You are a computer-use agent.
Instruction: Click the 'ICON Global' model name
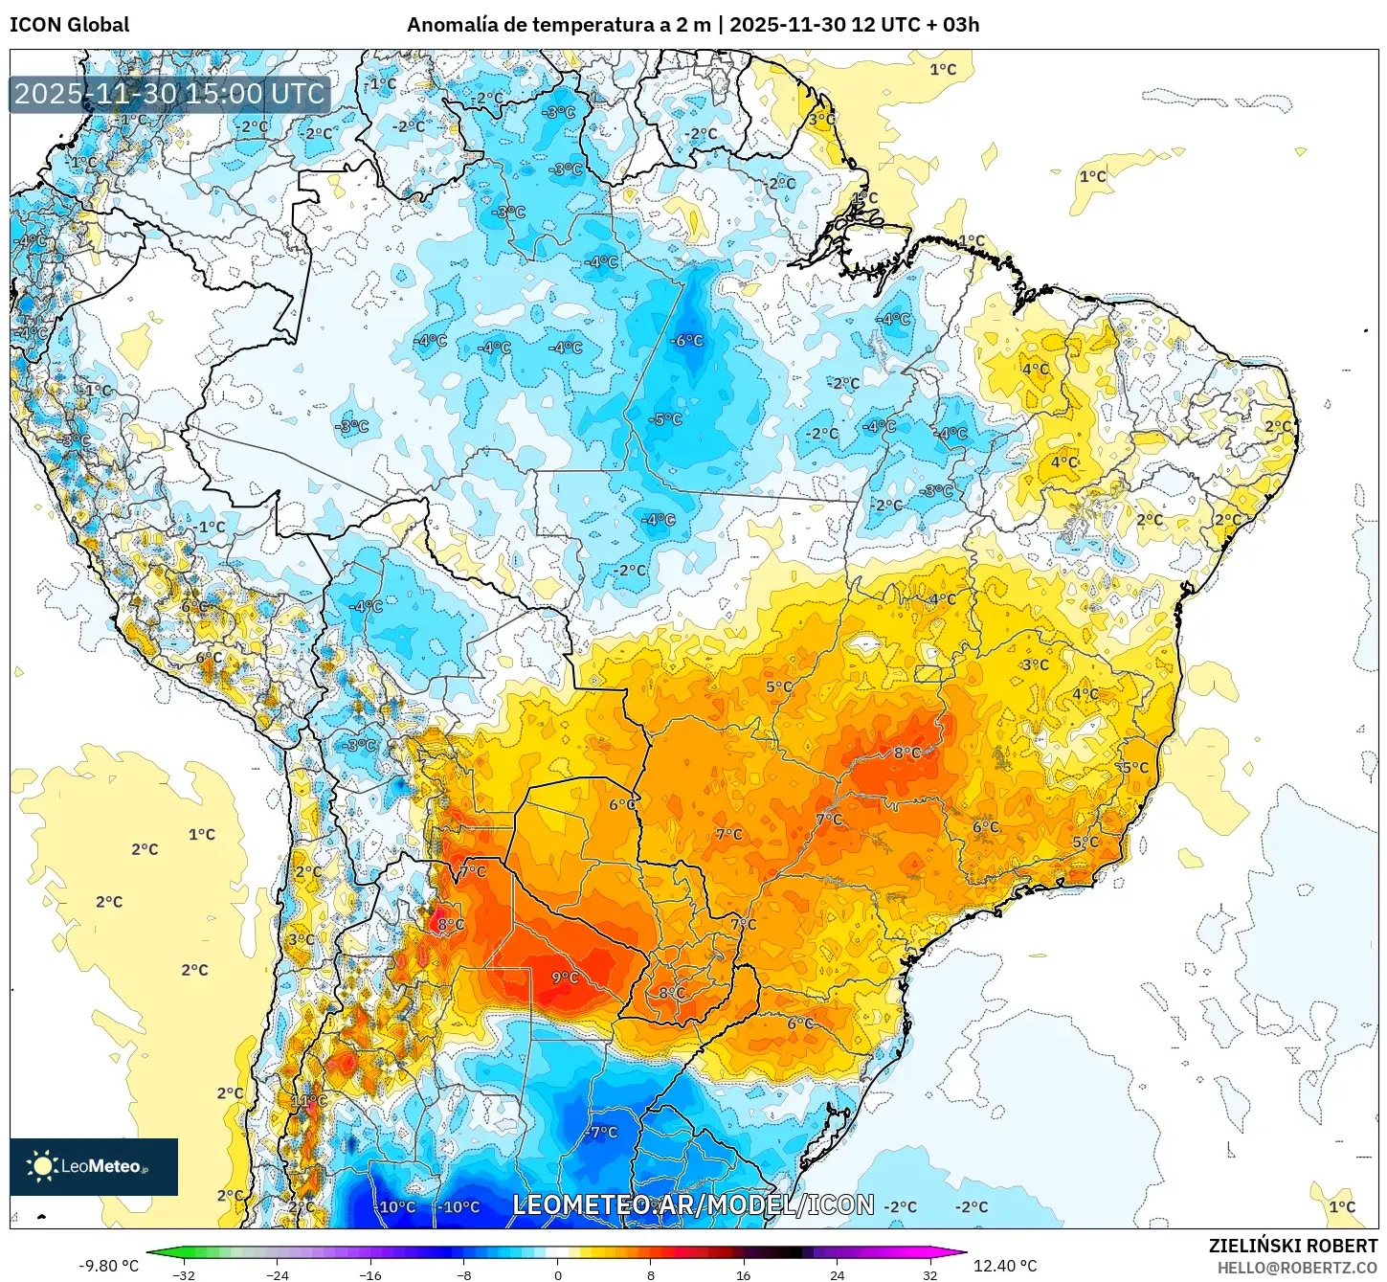tap(69, 25)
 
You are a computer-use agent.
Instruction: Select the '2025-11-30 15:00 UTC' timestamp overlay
tap(170, 94)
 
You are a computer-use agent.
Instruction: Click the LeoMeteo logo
tap(93, 1166)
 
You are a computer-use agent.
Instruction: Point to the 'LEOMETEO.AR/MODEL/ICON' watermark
tap(693, 1204)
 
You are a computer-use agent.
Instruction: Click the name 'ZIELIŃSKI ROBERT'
tap(1292, 1246)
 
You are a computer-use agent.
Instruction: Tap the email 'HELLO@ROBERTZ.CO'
tap(1297, 1268)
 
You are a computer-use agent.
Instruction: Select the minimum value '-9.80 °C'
tap(108, 1266)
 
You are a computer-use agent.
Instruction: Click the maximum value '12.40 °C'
tap(1005, 1266)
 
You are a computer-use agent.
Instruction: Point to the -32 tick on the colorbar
tap(184, 1274)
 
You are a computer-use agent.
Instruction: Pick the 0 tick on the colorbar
tap(558, 1274)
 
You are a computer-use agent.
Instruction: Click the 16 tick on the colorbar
tap(744, 1274)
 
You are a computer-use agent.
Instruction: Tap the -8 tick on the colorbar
tap(464, 1274)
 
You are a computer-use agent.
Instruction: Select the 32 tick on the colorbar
tap(930, 1274)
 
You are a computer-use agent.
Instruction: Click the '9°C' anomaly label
tap(565, 978)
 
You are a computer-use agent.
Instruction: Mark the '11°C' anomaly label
tap(309, 1101)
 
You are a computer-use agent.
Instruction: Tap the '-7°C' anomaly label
tap(602, 1132)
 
